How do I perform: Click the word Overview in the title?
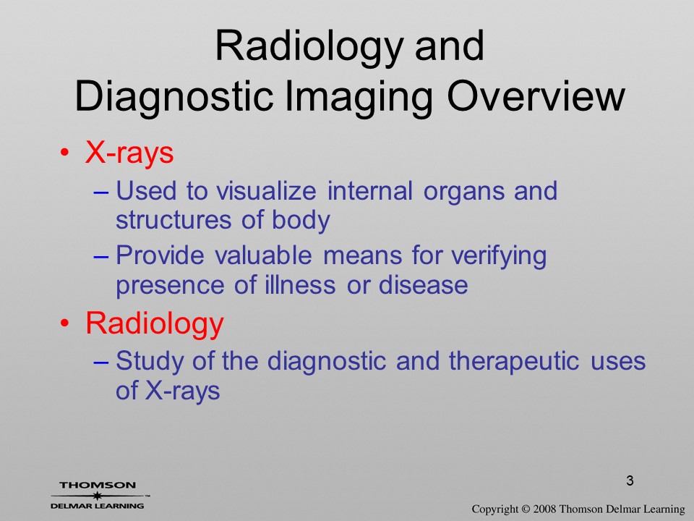tap(536, 96)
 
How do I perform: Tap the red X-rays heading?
tap(129, 153)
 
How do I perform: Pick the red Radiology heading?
tap(155, 324)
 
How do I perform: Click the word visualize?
tap(266, 191)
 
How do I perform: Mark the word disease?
tap(423, 285)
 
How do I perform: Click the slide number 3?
tap(630, 480)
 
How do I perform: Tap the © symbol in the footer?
tap(526, 509)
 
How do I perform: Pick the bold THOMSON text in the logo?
tap(98, 485)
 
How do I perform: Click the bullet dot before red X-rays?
tap(65, 153)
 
